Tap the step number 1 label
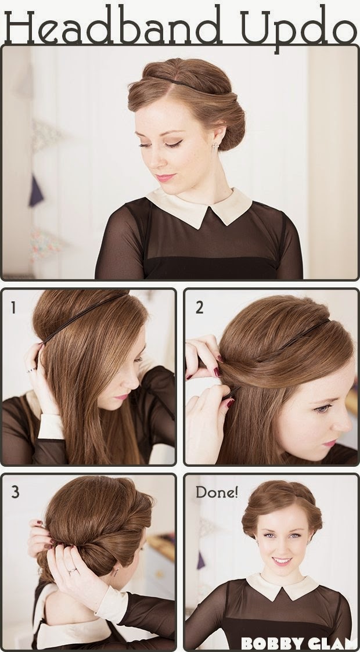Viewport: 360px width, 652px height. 13,308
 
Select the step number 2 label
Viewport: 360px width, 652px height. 200,307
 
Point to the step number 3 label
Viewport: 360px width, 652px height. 15,492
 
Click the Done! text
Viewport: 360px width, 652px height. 217,492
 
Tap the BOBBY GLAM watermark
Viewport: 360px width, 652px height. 299,643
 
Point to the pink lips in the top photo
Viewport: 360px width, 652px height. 165,178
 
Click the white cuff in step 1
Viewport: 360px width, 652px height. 51,426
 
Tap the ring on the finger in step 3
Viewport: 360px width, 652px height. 71,571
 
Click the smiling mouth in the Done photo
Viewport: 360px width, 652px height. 282,561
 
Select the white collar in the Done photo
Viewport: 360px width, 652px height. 282,587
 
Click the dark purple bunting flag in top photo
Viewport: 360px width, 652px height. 36,191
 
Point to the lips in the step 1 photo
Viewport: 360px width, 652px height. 122,397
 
